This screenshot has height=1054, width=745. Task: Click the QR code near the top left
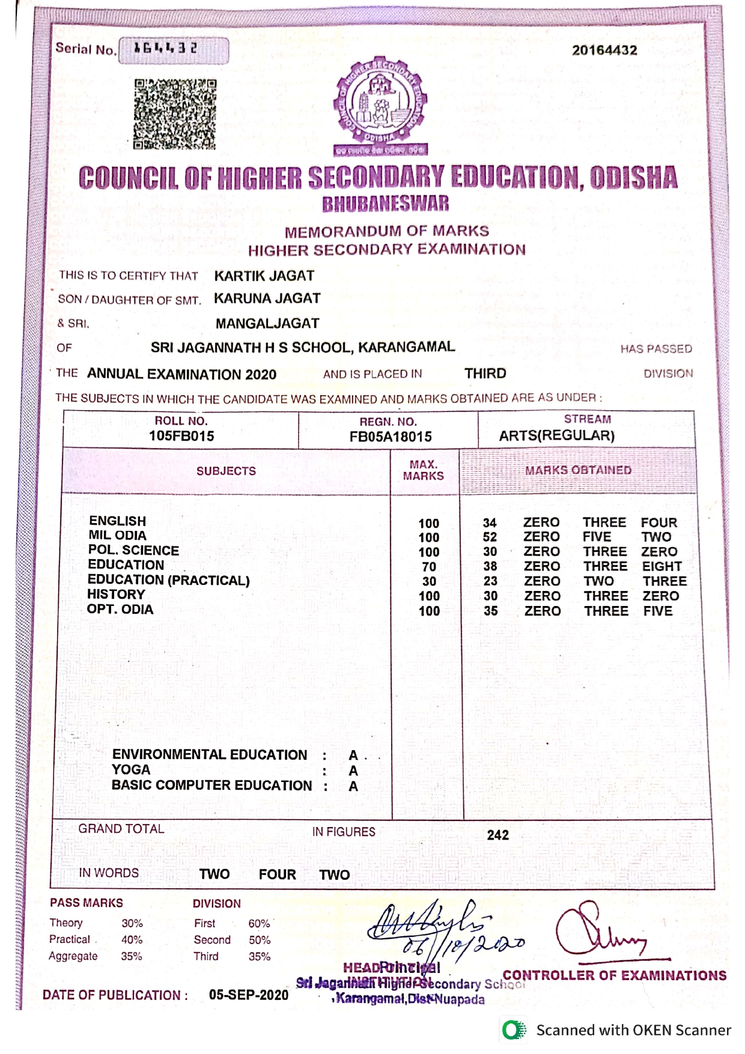[174, 114]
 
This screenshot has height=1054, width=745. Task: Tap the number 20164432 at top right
[604, 50]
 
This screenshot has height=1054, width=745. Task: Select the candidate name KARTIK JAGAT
[264, 276]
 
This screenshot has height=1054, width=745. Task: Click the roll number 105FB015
[181, 436]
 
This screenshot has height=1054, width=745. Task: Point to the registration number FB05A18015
[391, 437]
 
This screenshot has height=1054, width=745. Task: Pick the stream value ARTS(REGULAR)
[557, 435]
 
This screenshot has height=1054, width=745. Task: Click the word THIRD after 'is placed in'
[485, 374]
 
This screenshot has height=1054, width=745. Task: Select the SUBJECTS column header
[226, 471]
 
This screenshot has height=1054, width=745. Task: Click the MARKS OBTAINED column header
[578, 470]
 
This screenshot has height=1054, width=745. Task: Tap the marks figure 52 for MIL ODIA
[490, 537]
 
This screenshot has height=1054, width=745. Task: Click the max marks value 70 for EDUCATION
[429, 566]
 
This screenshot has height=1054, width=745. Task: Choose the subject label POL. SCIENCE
[133, 550]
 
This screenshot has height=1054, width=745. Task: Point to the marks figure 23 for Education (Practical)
[490, 581]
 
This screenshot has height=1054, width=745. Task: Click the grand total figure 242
[497, 835]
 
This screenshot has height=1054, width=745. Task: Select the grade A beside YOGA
[353, 771]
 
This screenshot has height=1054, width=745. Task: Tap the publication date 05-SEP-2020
[249, 995]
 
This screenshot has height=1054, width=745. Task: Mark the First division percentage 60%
[259, 923]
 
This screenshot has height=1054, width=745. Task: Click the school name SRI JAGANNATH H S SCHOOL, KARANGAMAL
[302, 347]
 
